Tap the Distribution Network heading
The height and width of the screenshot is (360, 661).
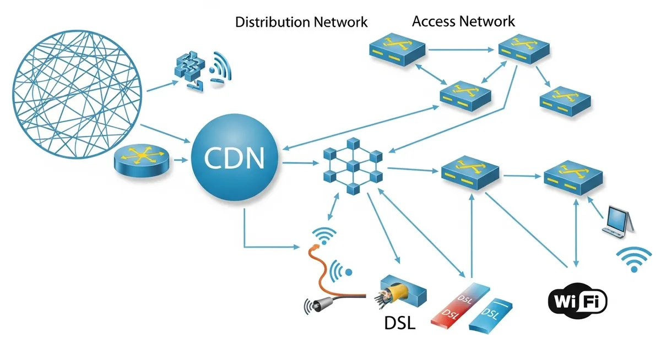pyautogui.click(x=301, y=23)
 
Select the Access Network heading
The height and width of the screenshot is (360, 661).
pyautogui.click(x=463, y=21)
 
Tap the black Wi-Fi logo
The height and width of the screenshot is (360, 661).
pyautogui.click(x=577, y=301)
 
